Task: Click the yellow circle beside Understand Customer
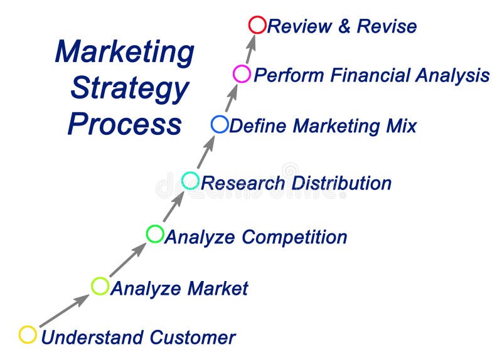[28, 335]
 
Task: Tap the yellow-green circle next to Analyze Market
[100, 286]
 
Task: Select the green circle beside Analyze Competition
[155, 234]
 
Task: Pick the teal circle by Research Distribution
[190, 181]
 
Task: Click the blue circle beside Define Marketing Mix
[220, 124]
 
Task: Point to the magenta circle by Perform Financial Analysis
[242, 74]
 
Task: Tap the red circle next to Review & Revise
[257, 25]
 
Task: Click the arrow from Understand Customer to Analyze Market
[64, 310]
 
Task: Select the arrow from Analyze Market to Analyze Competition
[128, 260]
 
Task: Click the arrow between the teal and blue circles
[206, 151]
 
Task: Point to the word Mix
[400, 125]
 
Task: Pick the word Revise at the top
[387, 26]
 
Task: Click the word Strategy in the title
[129, 89]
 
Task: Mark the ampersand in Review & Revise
[343, 26]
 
